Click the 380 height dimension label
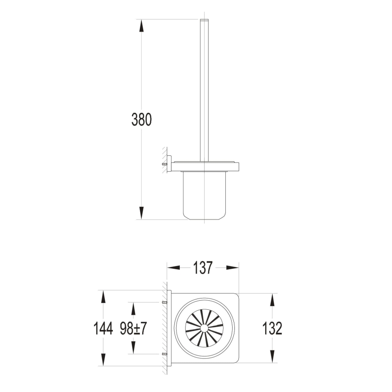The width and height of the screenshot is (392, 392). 141,120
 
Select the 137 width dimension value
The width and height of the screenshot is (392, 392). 203,268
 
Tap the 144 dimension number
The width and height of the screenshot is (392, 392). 103,328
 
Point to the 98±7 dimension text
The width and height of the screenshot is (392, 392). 133,328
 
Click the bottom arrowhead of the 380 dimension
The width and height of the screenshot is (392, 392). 141,213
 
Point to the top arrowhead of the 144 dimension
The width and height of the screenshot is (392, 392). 103,297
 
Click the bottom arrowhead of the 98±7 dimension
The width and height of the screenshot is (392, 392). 133,348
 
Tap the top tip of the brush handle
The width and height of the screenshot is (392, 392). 204,21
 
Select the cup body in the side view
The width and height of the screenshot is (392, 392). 204,194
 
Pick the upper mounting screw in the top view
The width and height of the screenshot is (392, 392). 165,302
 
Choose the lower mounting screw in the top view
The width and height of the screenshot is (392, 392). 165,354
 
